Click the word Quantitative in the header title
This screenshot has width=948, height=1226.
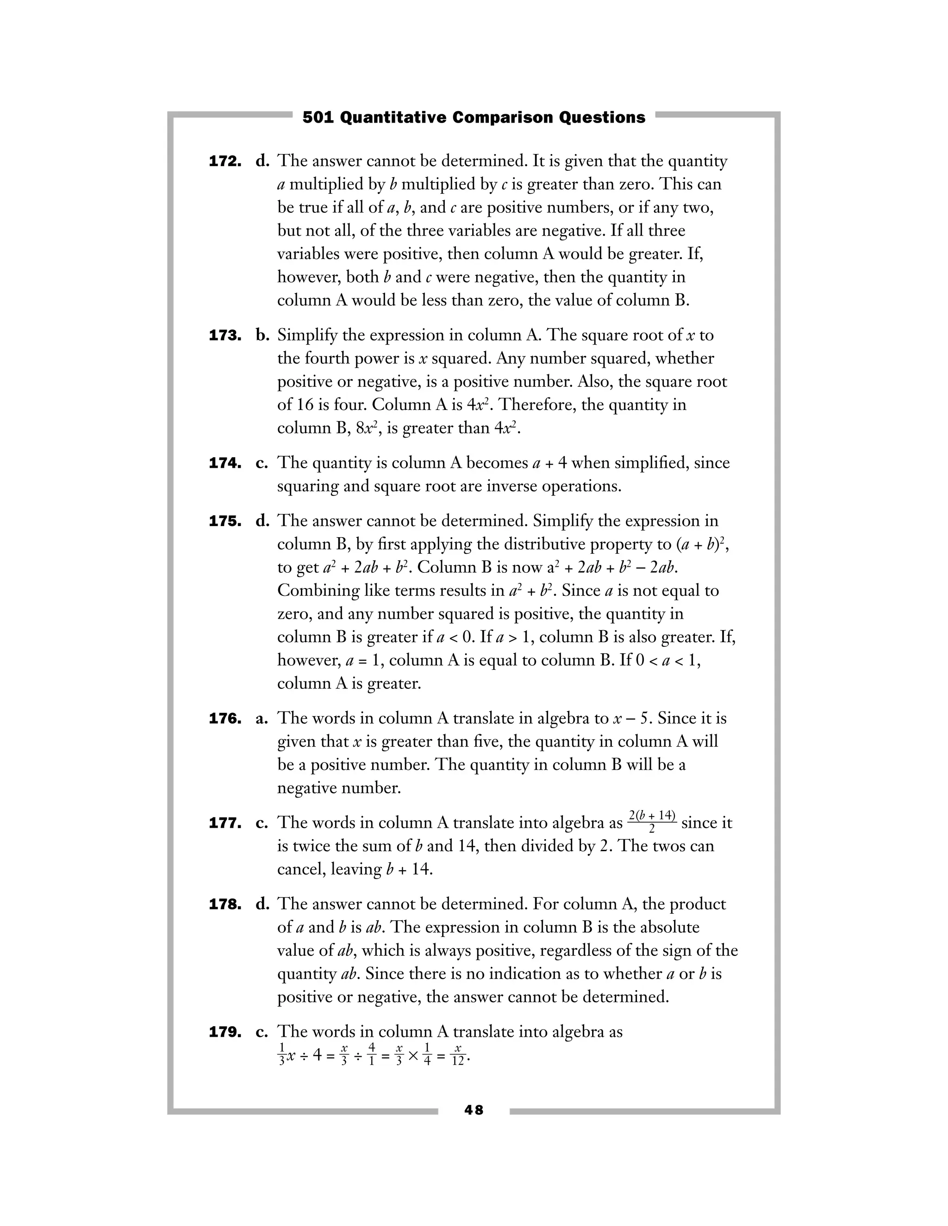pos(394,118)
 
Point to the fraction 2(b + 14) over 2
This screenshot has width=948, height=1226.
pos(651,822)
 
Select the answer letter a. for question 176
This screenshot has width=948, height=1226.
pos(262,719)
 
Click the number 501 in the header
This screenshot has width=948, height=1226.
pos(318,118)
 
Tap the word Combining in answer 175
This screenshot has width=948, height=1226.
pos(318,591)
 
